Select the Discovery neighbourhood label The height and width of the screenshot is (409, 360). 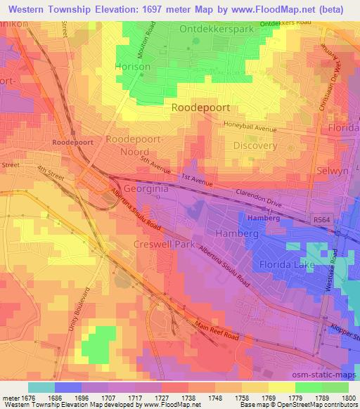pyautogui.click(x=255, y=145)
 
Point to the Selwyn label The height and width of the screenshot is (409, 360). pyautogui.click(x=341, y=171)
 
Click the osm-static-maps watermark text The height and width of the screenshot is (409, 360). pyautogui.click(x=324, y=375)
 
